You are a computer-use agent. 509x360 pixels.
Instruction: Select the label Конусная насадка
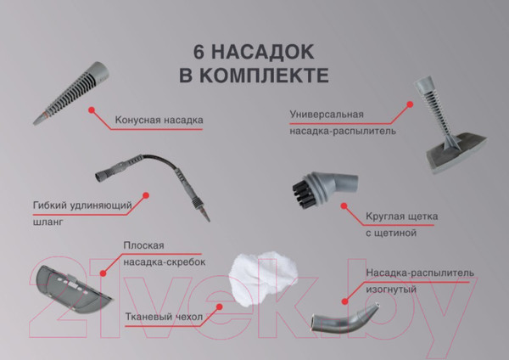[x=159, y=120]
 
